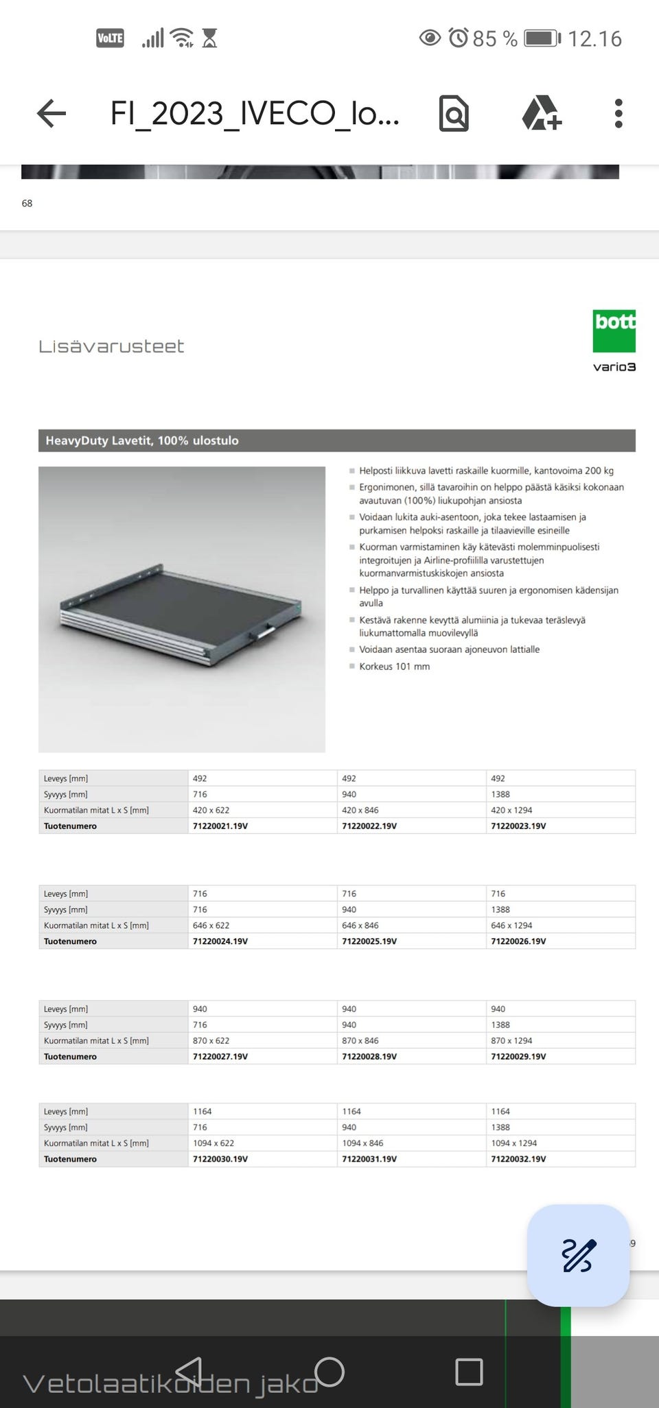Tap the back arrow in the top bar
click(x=51, y=113)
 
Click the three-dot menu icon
click(x=618, y=113)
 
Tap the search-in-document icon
click(x=454, y=113)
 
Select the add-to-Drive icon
click(x=542, y=113)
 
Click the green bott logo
click(x=614, y=331)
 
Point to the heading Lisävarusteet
click(x=111, y=346)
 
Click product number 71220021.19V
click(x=220, y=826)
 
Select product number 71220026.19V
click(x=518, y=941)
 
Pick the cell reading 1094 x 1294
click(x=514, y=1143)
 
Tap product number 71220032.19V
click(x=518, y=1158)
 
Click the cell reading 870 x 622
click(x=211, y=1040)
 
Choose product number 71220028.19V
click(x=369, y=1056)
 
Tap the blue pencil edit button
click(x=578, y=1255)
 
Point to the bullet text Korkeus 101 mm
click(x=394, y=666)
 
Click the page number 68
click(x=27, y=203)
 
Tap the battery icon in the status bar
click(x=542, y=38)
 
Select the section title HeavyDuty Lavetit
click(x=142, y=440)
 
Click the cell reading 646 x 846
click(x=360, y=925)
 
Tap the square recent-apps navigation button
click(x=469, y=1372)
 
